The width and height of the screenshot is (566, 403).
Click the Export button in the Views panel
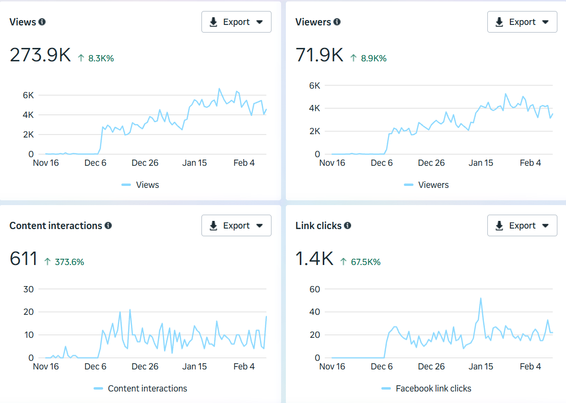pos(236,22)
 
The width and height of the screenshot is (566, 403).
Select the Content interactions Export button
pos(236,226)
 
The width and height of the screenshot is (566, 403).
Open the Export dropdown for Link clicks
pos(522,226)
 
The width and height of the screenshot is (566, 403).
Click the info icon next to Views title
pos(42,22)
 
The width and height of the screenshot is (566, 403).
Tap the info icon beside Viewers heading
pos(337,22)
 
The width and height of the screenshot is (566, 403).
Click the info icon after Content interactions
pos(108,226)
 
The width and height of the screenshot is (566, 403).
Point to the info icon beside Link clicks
pos(348,226)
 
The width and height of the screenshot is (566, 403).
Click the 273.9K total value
pos(40,56)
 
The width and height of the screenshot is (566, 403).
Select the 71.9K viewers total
pos(319,56)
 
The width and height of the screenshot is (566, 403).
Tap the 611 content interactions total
pos(24,259)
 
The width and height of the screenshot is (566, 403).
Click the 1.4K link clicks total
pos(314,259)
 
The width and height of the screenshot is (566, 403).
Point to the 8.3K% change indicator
pos(96,58)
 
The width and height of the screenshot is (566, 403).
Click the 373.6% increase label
pos(64,262)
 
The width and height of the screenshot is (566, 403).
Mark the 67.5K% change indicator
pos(360,262)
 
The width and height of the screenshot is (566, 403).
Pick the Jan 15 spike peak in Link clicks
pos(481,298)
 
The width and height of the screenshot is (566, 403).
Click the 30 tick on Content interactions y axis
pos(28,289)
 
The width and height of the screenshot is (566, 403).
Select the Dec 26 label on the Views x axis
pos(145,163)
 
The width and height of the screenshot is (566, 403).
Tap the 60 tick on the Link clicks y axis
pos(314,289)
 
